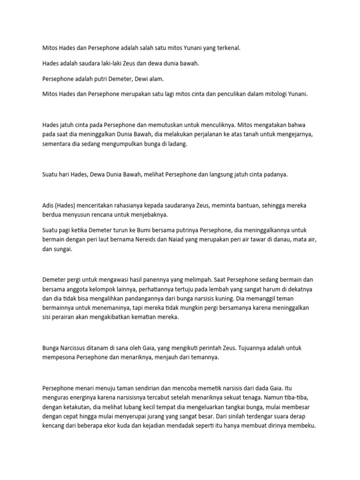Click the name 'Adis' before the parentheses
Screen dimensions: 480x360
coord(48,206)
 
